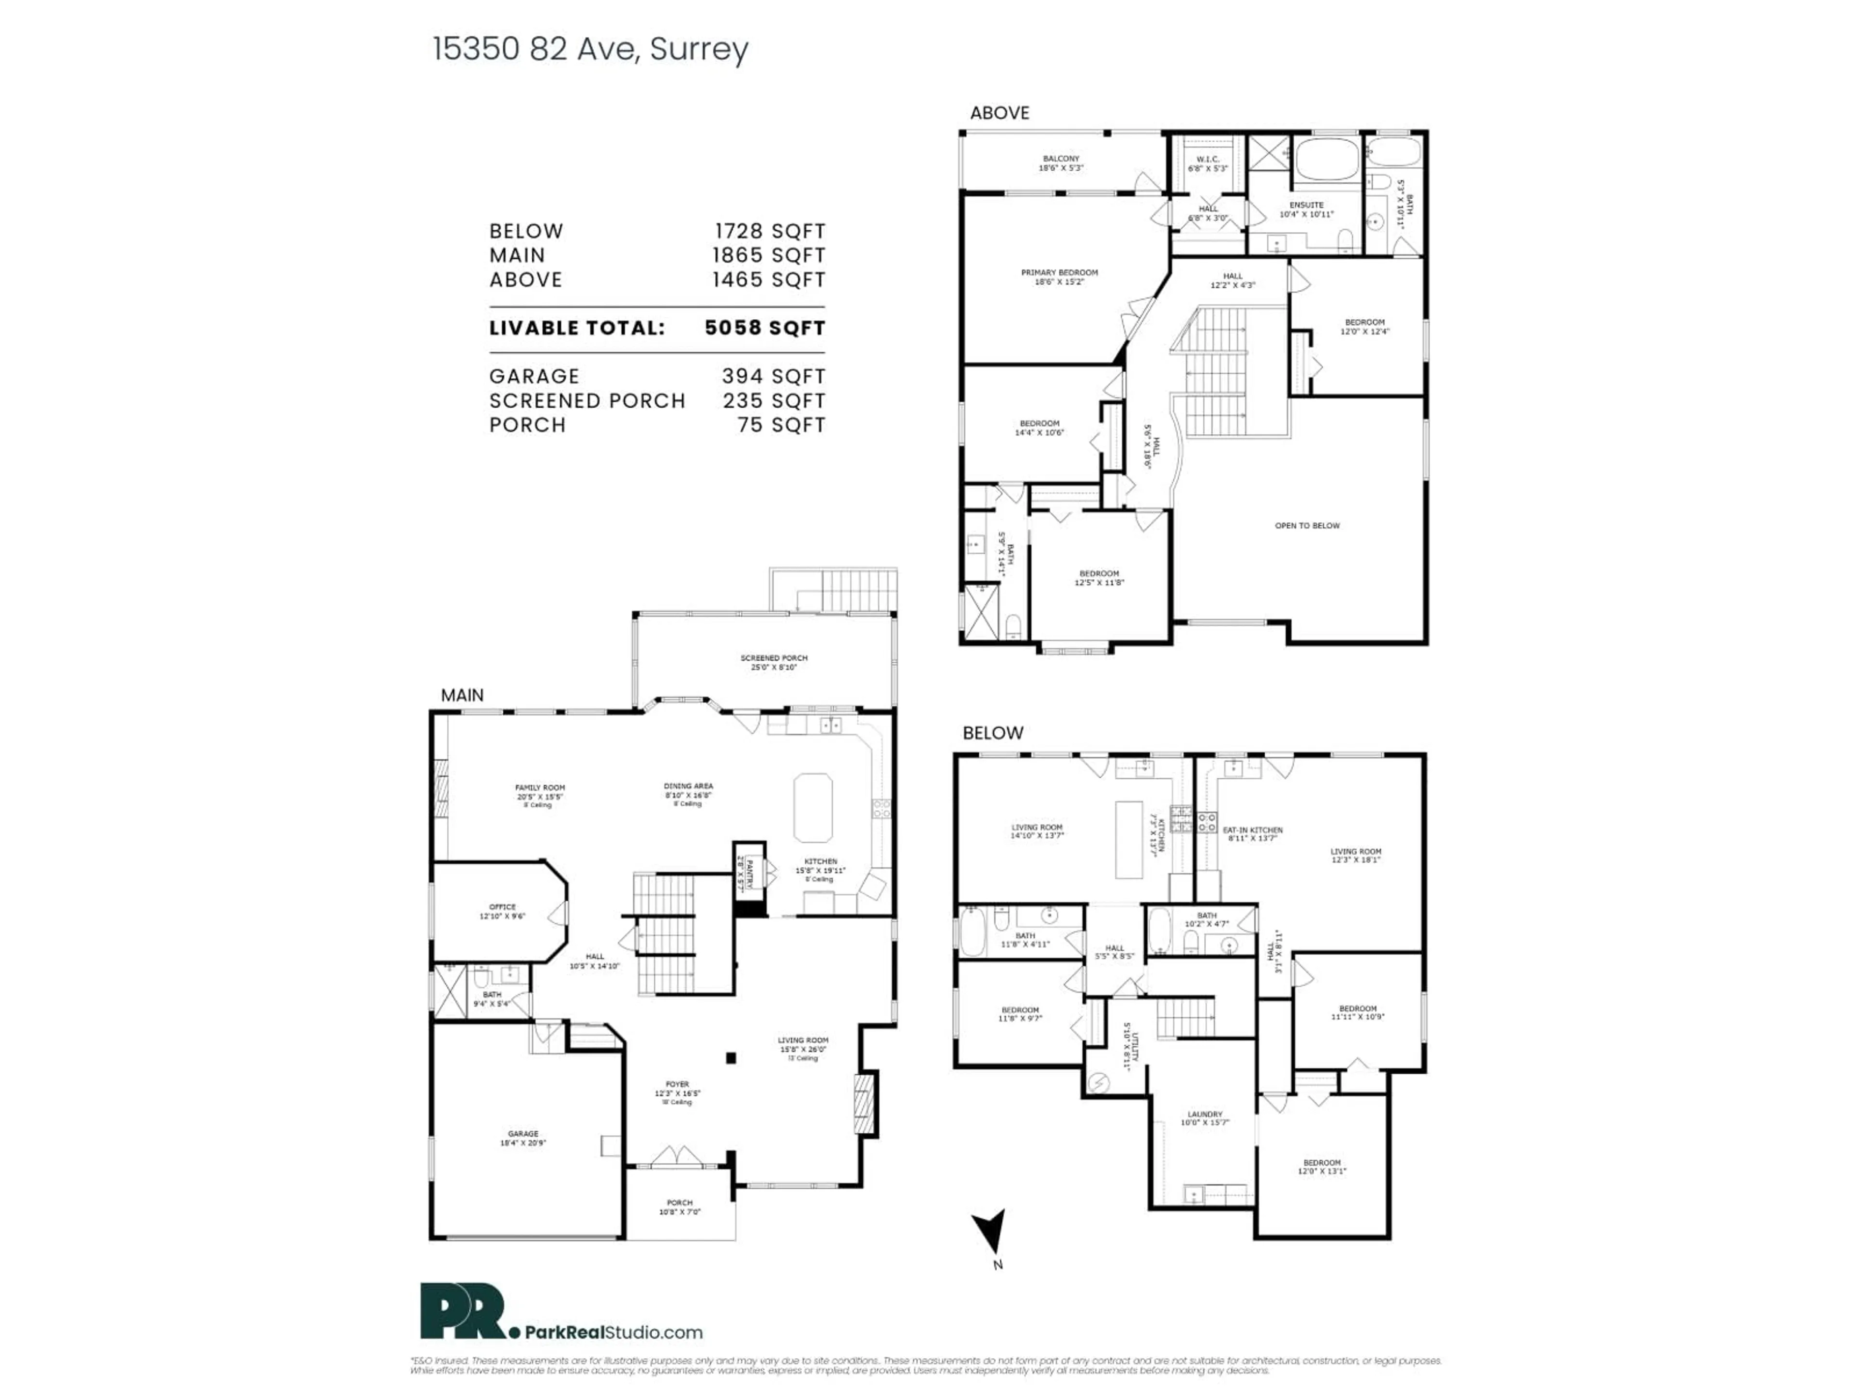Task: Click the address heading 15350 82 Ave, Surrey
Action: pos(590,49)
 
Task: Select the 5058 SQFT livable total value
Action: pos(764,328)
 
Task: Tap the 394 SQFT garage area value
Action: pos(773,377)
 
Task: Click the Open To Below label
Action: pos(1307,526)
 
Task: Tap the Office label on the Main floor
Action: pos(502,911)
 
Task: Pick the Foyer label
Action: pos(677,1089)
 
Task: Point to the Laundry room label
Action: pos(1204,1118)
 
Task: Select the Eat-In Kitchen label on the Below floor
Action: pos(1252,834)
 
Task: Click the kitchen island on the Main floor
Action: pos(812,808)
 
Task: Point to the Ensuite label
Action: pos(1306,209)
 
